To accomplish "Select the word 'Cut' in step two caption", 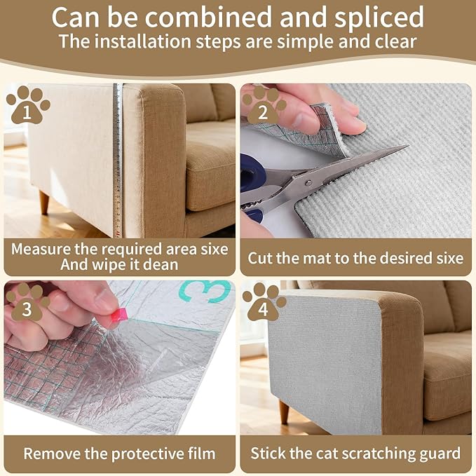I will [260, 258].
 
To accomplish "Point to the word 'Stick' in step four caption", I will [270, 453].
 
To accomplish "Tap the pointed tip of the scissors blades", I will [405, 147].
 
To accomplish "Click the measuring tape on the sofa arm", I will [118, 161].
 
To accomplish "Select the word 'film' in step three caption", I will [198, 453].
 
